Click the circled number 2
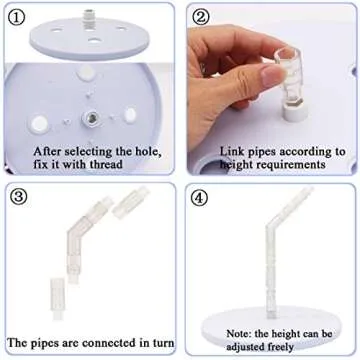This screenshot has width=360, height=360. point(201,17)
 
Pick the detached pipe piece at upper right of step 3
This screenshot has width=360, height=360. point(125,209)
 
